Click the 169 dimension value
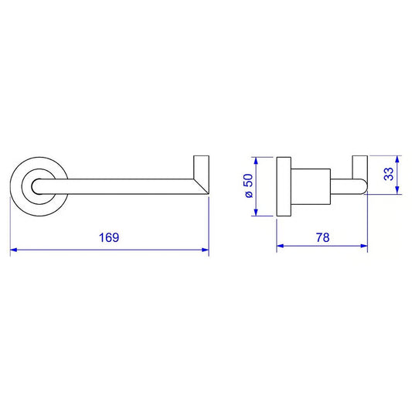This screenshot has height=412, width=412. pyautogui.click(x=109, y=237)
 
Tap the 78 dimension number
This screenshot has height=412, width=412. pyautogui.click(x=322, y=237)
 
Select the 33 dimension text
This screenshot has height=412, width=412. pyautogui.click(x=389, y=174)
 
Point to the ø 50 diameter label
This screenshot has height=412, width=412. pyautogui.click(x=249, y=186)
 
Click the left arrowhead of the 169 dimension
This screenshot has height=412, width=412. pyautogui.click(x=13, y=250)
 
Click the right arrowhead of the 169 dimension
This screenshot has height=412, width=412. pyautogui.click(x=205, y=250)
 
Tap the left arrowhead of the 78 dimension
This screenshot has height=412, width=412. pyautogui.click(x=280, y=246)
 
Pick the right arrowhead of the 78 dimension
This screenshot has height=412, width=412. pyautogui.click(x=364, y=246)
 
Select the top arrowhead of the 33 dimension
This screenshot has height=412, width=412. pyautogui.click(x=397, y=159)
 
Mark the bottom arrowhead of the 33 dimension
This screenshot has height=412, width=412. pyautogui.click(x=397, y=190)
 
